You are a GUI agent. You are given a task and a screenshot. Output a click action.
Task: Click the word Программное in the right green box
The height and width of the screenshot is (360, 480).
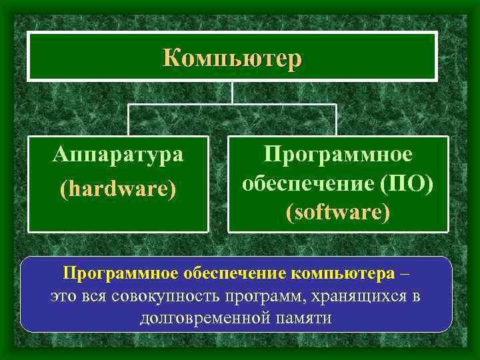(337, 154)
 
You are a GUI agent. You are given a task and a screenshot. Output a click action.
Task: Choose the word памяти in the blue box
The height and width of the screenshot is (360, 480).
(305, 317)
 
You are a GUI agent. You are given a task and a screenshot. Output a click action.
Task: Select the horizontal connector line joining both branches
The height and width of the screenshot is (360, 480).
(232, 105)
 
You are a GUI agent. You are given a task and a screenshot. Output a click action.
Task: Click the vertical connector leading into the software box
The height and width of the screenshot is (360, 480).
(336, 120)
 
